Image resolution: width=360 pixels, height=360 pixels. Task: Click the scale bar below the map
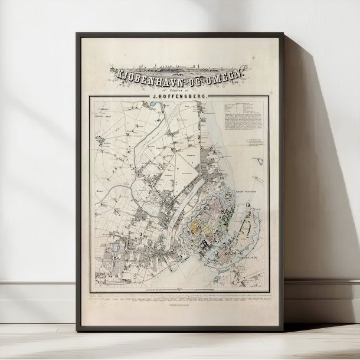pos(178,291)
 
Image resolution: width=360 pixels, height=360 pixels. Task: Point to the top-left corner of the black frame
pos(77,33)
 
